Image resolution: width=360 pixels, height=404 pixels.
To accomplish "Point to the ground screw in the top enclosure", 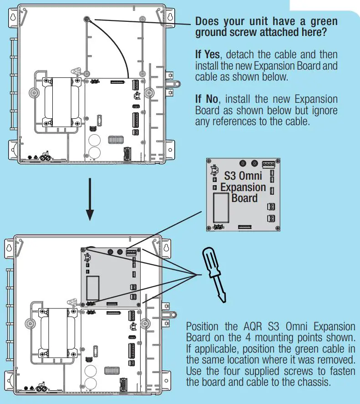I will coord(86,19).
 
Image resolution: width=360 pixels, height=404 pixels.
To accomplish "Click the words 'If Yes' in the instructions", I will coord(208,56).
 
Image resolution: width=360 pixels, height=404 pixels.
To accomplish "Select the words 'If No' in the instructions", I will coord(206,99).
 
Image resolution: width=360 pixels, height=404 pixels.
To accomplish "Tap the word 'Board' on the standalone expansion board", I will coord(244,198).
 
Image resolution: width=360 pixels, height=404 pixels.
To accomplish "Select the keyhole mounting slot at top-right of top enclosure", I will coord(170,16).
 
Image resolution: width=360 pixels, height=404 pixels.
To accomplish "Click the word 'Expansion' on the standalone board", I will coord(243,187).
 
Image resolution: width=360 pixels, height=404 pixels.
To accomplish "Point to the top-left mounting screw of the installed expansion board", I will coord(83,249).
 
